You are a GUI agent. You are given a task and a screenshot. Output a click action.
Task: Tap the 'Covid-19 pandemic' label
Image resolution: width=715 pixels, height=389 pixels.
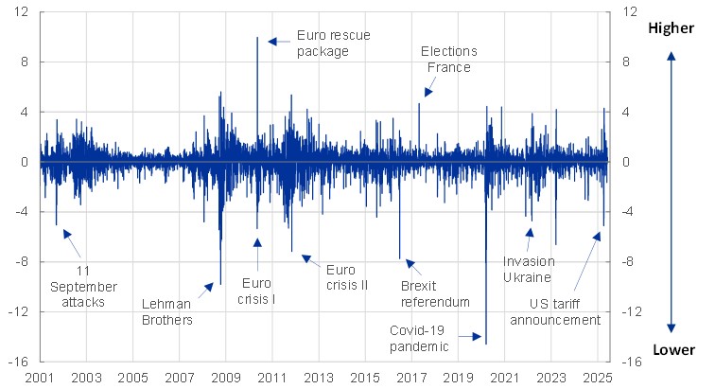pos(419,338)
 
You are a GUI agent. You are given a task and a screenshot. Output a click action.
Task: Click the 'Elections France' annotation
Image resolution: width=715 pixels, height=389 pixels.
pos(448,59)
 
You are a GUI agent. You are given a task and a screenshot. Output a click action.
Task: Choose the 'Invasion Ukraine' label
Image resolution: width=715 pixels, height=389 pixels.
pos(529,269)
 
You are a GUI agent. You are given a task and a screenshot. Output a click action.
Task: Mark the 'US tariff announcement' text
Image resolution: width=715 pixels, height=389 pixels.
pos(555,311)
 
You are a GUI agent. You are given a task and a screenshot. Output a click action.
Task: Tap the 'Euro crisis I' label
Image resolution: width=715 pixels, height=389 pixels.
pos(259,291)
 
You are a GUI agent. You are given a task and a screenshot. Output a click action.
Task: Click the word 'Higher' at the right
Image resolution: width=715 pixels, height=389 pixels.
pos(671,29)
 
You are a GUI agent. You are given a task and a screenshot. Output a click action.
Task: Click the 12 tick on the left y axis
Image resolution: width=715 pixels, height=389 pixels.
pos(21,12)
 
